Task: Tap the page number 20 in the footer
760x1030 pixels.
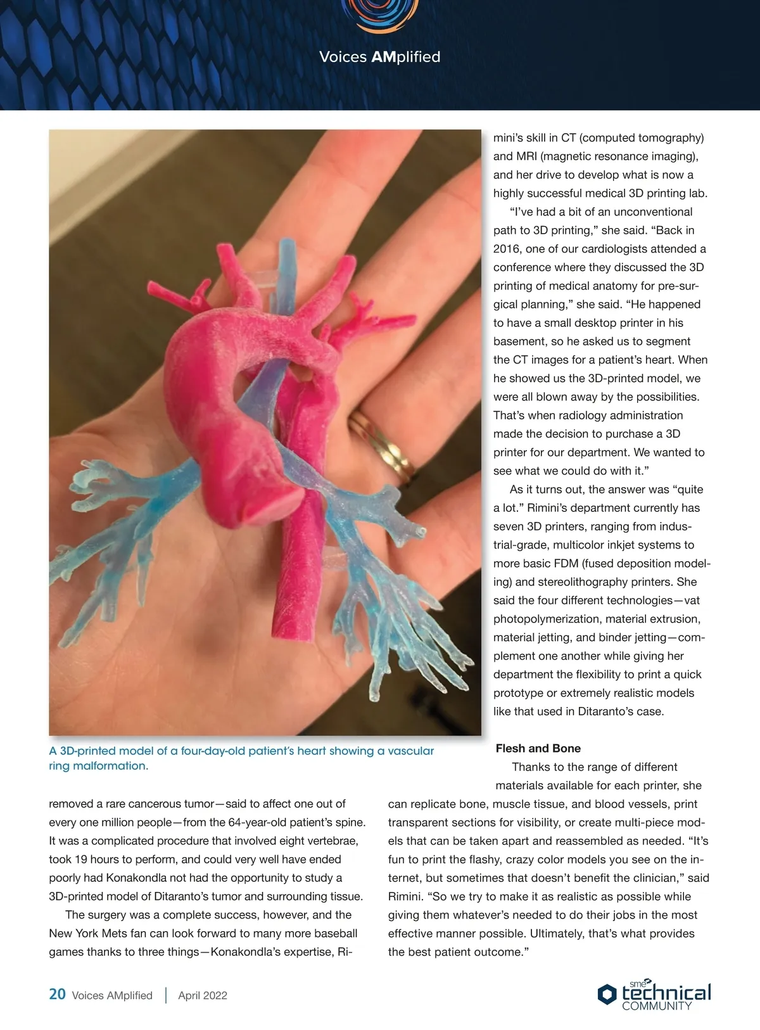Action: [57, 994]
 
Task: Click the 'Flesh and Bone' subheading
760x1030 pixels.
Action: [538, 748]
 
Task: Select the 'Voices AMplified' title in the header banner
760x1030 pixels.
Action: [379, 57]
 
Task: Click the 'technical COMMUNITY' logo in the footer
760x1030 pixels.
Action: [655, 995]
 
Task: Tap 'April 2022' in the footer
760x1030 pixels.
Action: [203, 995]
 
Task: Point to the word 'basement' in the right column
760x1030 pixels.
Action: [520, 341]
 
